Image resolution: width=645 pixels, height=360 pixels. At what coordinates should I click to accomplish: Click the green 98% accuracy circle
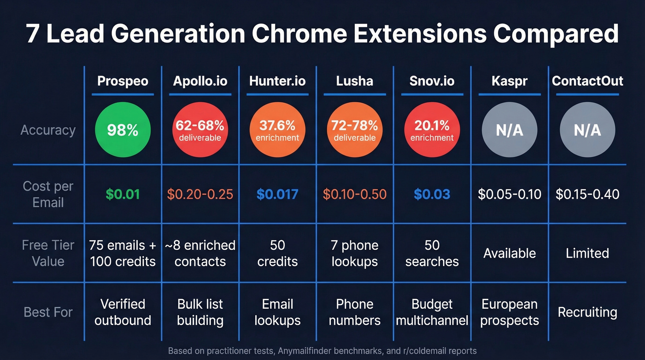[123, 130]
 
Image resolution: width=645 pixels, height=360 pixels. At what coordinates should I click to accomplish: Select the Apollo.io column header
[200, 81]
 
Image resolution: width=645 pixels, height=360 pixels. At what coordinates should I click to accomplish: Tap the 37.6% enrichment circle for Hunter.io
[277, 130]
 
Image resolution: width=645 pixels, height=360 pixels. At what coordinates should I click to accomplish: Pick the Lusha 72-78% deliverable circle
[355, 130]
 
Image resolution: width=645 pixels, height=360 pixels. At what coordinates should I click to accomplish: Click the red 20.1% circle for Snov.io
[432, 130]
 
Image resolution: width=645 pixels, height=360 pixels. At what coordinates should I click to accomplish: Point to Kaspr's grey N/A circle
[509, 130]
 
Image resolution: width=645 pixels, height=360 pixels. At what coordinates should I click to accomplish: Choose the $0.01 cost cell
[123, 194]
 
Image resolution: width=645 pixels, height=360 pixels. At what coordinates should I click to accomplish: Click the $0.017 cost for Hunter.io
[277, 194]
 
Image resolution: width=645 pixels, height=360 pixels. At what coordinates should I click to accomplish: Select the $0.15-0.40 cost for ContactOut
[587, 194]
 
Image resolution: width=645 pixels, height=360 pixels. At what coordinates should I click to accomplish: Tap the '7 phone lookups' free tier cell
[355, 253]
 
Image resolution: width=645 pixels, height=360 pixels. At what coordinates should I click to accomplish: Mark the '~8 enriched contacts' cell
[200, 253]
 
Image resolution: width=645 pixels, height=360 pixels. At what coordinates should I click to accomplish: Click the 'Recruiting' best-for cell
[587, 312]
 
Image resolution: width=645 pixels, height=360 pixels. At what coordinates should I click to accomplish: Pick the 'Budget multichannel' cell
[432, 312]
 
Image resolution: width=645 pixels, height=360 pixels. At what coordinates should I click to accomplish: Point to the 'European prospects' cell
[509, 312]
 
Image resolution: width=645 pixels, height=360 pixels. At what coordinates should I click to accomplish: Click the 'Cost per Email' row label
[48, 194]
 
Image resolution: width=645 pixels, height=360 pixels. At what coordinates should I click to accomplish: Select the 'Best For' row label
[48, 312]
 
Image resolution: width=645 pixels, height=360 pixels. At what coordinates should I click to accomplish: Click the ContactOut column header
[587, 81]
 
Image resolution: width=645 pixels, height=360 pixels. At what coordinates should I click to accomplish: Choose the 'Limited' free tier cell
[587, 253]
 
